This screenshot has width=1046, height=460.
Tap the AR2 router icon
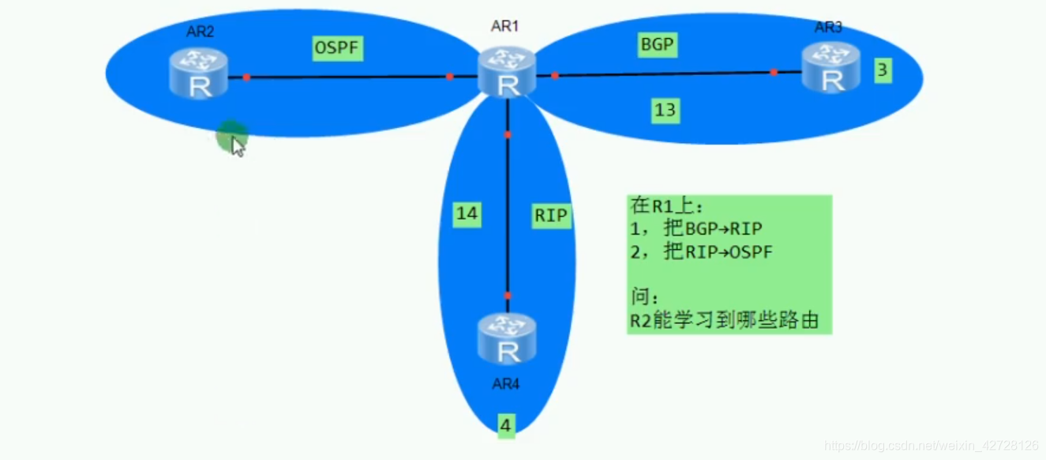point(199,74)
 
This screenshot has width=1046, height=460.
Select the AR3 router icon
point(830,68)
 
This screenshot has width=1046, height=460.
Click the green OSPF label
point(337,48)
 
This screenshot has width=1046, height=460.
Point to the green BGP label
point(657,45)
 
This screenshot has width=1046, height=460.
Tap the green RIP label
point(550,216)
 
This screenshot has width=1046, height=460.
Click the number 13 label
point(665,110)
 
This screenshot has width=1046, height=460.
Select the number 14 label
point(467,213)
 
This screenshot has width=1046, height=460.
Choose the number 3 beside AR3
point(883,70)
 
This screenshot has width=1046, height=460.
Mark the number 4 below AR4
point(505,426)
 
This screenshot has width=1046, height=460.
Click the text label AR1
point(505,27)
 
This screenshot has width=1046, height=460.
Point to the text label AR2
point(200,32)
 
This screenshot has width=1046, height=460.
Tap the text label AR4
point(506,385)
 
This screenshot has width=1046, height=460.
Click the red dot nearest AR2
point(246,77)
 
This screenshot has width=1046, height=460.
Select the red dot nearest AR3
point(774,73)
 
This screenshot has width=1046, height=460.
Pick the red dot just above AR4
point(508,296)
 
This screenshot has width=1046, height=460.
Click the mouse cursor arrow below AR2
point(238,145)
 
